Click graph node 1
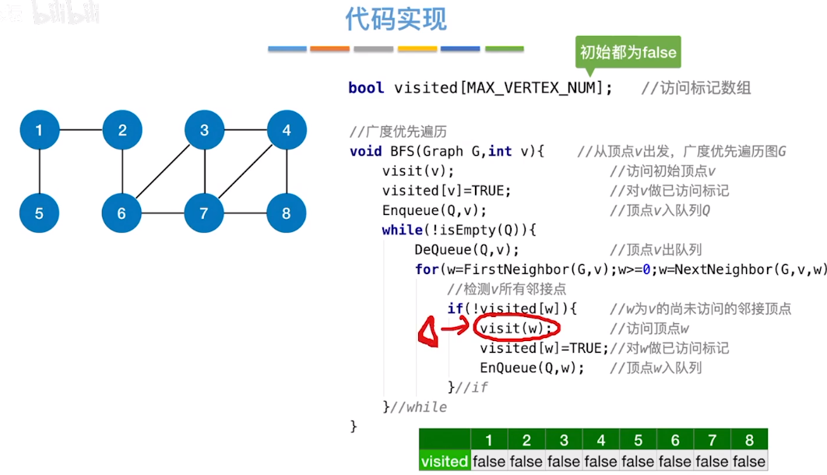pyautogui.click(x=39, y=130)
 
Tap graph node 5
pyautogui.click(x=39, y=213)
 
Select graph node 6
pyautogui.click(x=121, y=213)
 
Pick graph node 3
pyautogui.click(x=204, y=130)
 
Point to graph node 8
pyautogui.click(x=287, y=213)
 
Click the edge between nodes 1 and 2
pyautogui.click(x=80, y=130)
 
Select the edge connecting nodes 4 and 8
pyautogui.click(x=287, y=171)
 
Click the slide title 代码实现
pyautogui.click(x=396, y=20)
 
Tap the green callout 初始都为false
pyautogui.click(x=628, y=53)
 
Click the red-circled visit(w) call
pyautogui.click(x=516, y=328)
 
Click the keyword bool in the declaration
pyautogui.click(x=366, y=88)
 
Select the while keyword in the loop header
pyautogui.click(x=398, y=230)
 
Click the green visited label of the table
pyautogui.click(x=444, y=461)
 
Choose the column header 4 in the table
pyautogui.click(x=600, y=440)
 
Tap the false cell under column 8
pyautogui.click(x=749, y=461)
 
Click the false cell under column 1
pyautogui.click(x=489, y=461)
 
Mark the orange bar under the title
pyautogui.click(x=329, y=49)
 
